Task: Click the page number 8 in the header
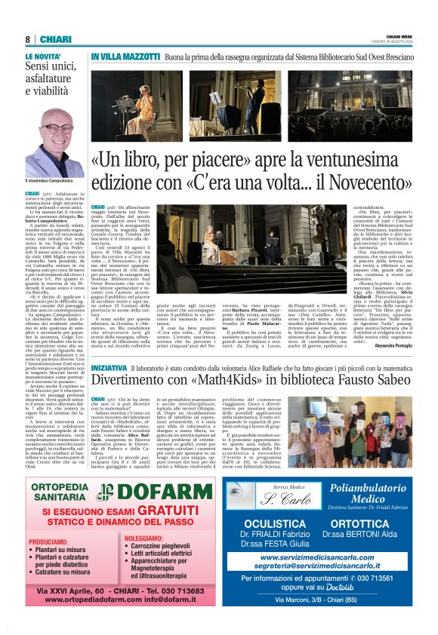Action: click(27, 39)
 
